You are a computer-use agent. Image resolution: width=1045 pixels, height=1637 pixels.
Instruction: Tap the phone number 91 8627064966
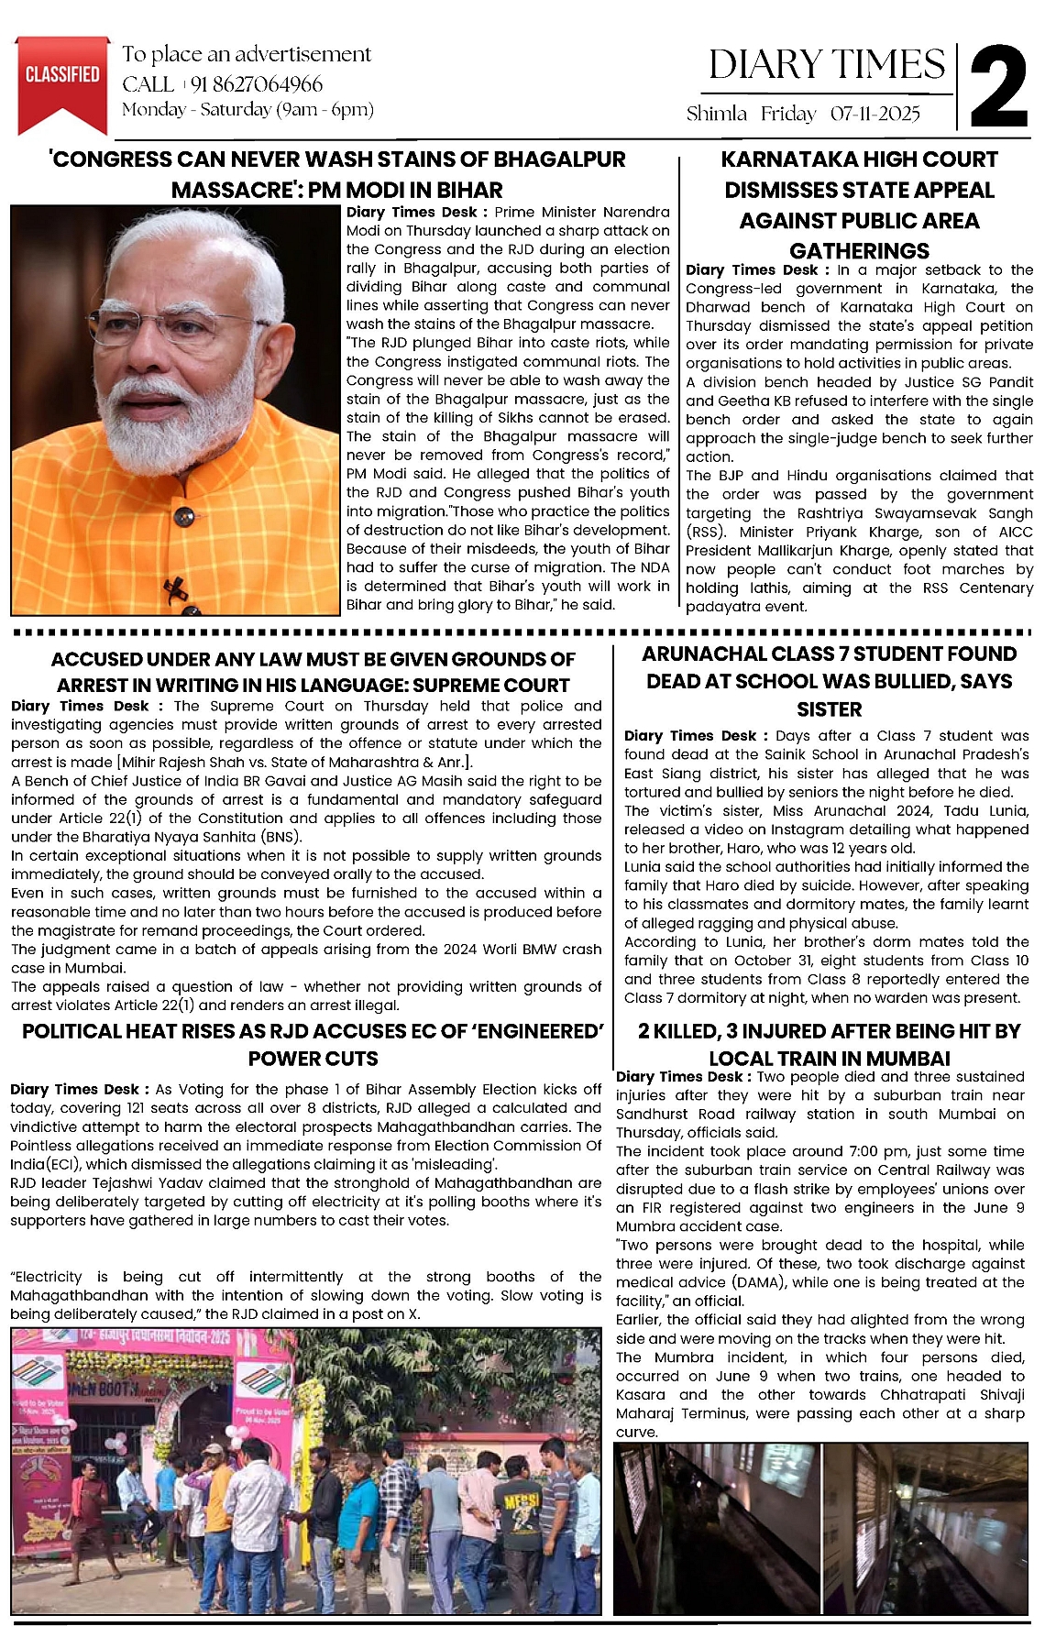pos(256,84)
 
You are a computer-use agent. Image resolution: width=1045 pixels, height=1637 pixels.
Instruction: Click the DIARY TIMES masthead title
pos(826,65)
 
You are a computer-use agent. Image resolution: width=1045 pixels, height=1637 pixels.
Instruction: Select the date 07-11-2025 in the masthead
pos(874,114)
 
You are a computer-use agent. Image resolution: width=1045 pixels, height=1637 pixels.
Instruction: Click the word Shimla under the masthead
pos(716,114)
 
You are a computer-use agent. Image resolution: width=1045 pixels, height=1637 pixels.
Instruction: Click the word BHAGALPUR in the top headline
pos(559,159)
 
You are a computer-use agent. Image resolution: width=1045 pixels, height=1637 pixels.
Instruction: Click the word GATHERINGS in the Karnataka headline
pos(859,251)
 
